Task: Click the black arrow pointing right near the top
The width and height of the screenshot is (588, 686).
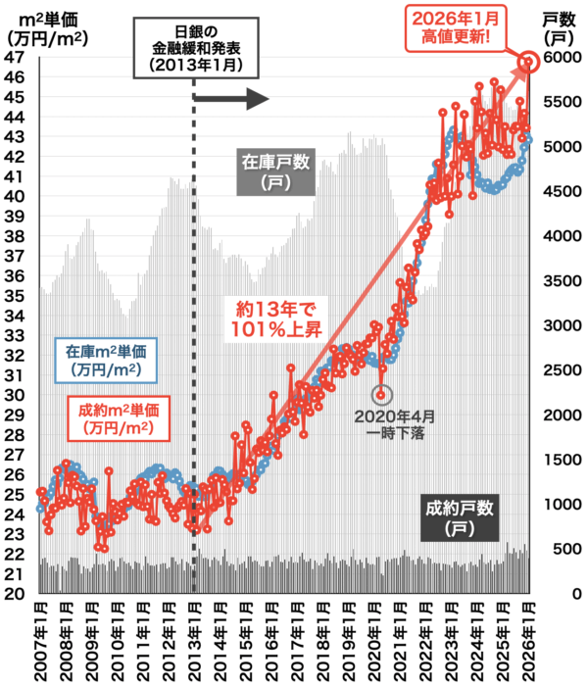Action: click(x=231, y=98)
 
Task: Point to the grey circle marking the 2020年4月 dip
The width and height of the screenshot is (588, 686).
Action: click(x=381, y=395)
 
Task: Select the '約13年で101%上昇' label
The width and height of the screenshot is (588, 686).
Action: click(x=276, y=320)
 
